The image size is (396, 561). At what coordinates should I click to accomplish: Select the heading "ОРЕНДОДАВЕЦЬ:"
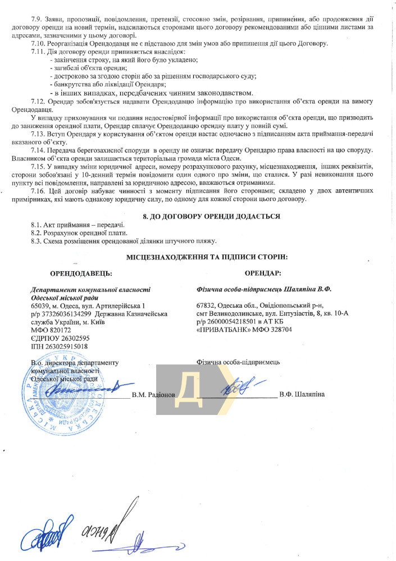pos(81,273)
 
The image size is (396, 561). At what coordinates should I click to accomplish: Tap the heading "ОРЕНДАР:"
pos(263,273)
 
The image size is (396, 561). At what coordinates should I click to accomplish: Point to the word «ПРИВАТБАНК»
pos(220,330)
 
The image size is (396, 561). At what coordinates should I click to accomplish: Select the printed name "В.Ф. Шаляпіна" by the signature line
pos(302,395)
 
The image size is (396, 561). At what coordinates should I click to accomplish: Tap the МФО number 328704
pos(277,330)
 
